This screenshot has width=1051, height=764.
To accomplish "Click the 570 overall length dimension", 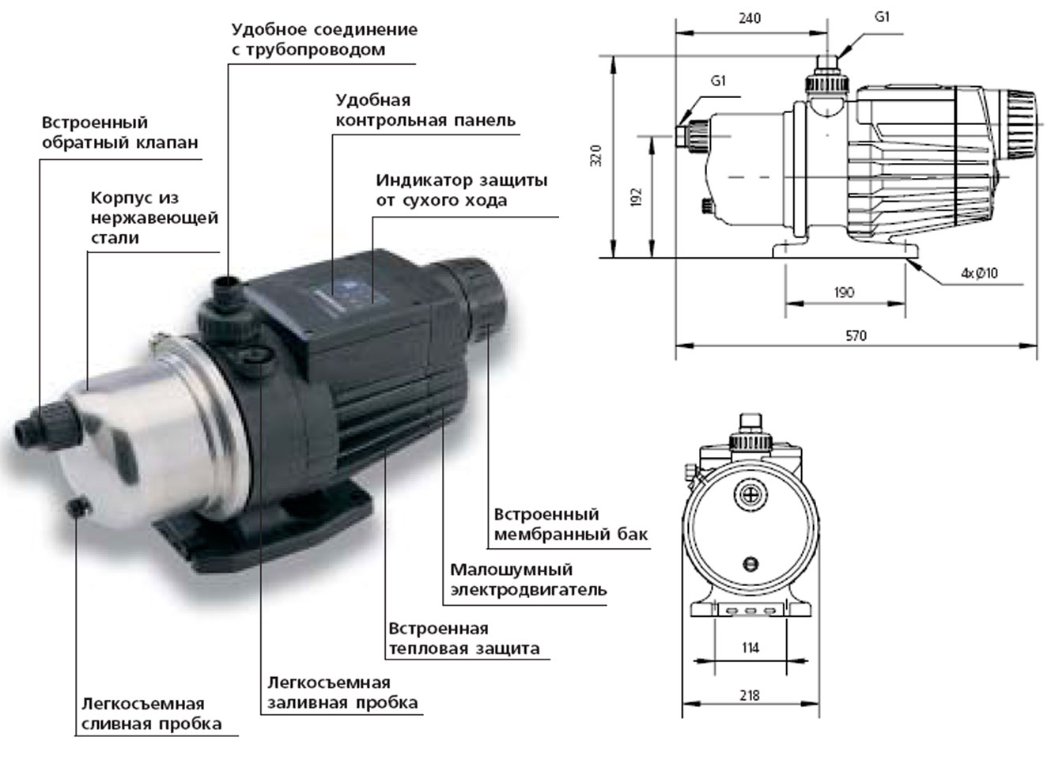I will click(x=856, y=335).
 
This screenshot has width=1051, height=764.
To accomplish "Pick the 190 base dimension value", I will click(x=844, y=293).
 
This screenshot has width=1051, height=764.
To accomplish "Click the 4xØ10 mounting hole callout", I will click(x=979, y=274).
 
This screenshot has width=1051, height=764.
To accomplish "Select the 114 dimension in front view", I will click(x=750, y=648).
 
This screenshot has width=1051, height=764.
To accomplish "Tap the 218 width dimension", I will click(x=749, y=695).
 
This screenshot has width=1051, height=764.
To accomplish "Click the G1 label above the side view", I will click(x=882, y=17).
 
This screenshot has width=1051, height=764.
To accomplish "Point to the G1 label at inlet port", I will click(x=718, y=81).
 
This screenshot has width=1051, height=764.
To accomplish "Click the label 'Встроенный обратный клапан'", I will click(x=119, y=133).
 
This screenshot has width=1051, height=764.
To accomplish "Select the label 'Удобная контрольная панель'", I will click(x=425, y=111).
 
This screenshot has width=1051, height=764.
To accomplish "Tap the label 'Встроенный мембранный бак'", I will click(x=570, y=524).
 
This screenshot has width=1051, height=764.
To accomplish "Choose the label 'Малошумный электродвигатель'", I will click(x=527, y=580).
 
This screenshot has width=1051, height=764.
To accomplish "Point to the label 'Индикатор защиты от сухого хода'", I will click(x=461, y=190).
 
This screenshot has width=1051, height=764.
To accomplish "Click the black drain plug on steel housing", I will click(x=77, y=506).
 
